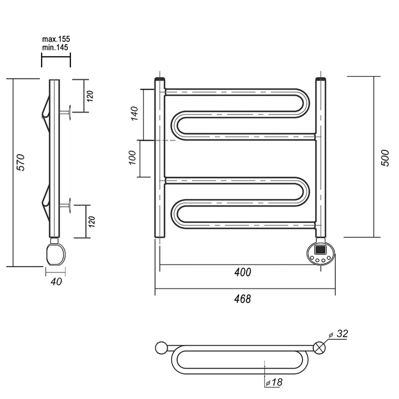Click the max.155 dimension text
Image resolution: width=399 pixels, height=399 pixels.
tap(56, 39)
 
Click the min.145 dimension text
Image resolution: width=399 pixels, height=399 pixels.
tap(55, 47)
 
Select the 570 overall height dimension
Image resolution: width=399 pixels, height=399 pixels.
tap(21, 162)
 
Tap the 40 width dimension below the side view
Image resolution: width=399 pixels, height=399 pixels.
tap(56, 281)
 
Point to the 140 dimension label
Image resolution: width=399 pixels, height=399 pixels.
tap(135, 113)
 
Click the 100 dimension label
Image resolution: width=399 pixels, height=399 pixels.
tap(132, 157)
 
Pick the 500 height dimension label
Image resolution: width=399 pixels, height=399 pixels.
tap(385, 158)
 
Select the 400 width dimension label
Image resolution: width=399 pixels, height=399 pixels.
tap(243, 272)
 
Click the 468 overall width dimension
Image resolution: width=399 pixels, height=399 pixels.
tap(243, 299)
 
